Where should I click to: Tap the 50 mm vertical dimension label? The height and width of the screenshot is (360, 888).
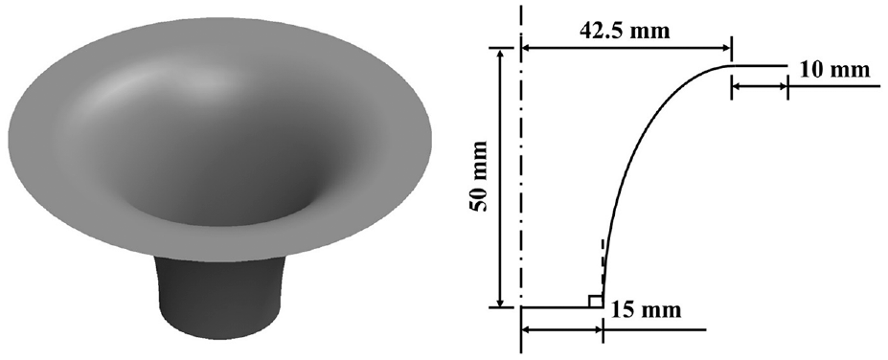(x=480, y=176)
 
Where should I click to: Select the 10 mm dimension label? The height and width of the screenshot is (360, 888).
(x=834, y=69)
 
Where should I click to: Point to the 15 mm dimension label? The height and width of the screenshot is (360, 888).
(x=646, y=309)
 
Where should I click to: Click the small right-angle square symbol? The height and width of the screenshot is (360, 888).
(x=595, y=302)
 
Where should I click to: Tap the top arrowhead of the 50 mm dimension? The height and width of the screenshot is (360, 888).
(x=500, y=54)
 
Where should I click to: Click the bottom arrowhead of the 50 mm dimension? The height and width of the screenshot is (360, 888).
(x=500, y=302)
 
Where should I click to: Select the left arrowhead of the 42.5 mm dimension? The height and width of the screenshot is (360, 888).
(x=528, y=48)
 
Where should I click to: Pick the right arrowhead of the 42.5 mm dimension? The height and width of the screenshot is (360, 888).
(x=724, y=48)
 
